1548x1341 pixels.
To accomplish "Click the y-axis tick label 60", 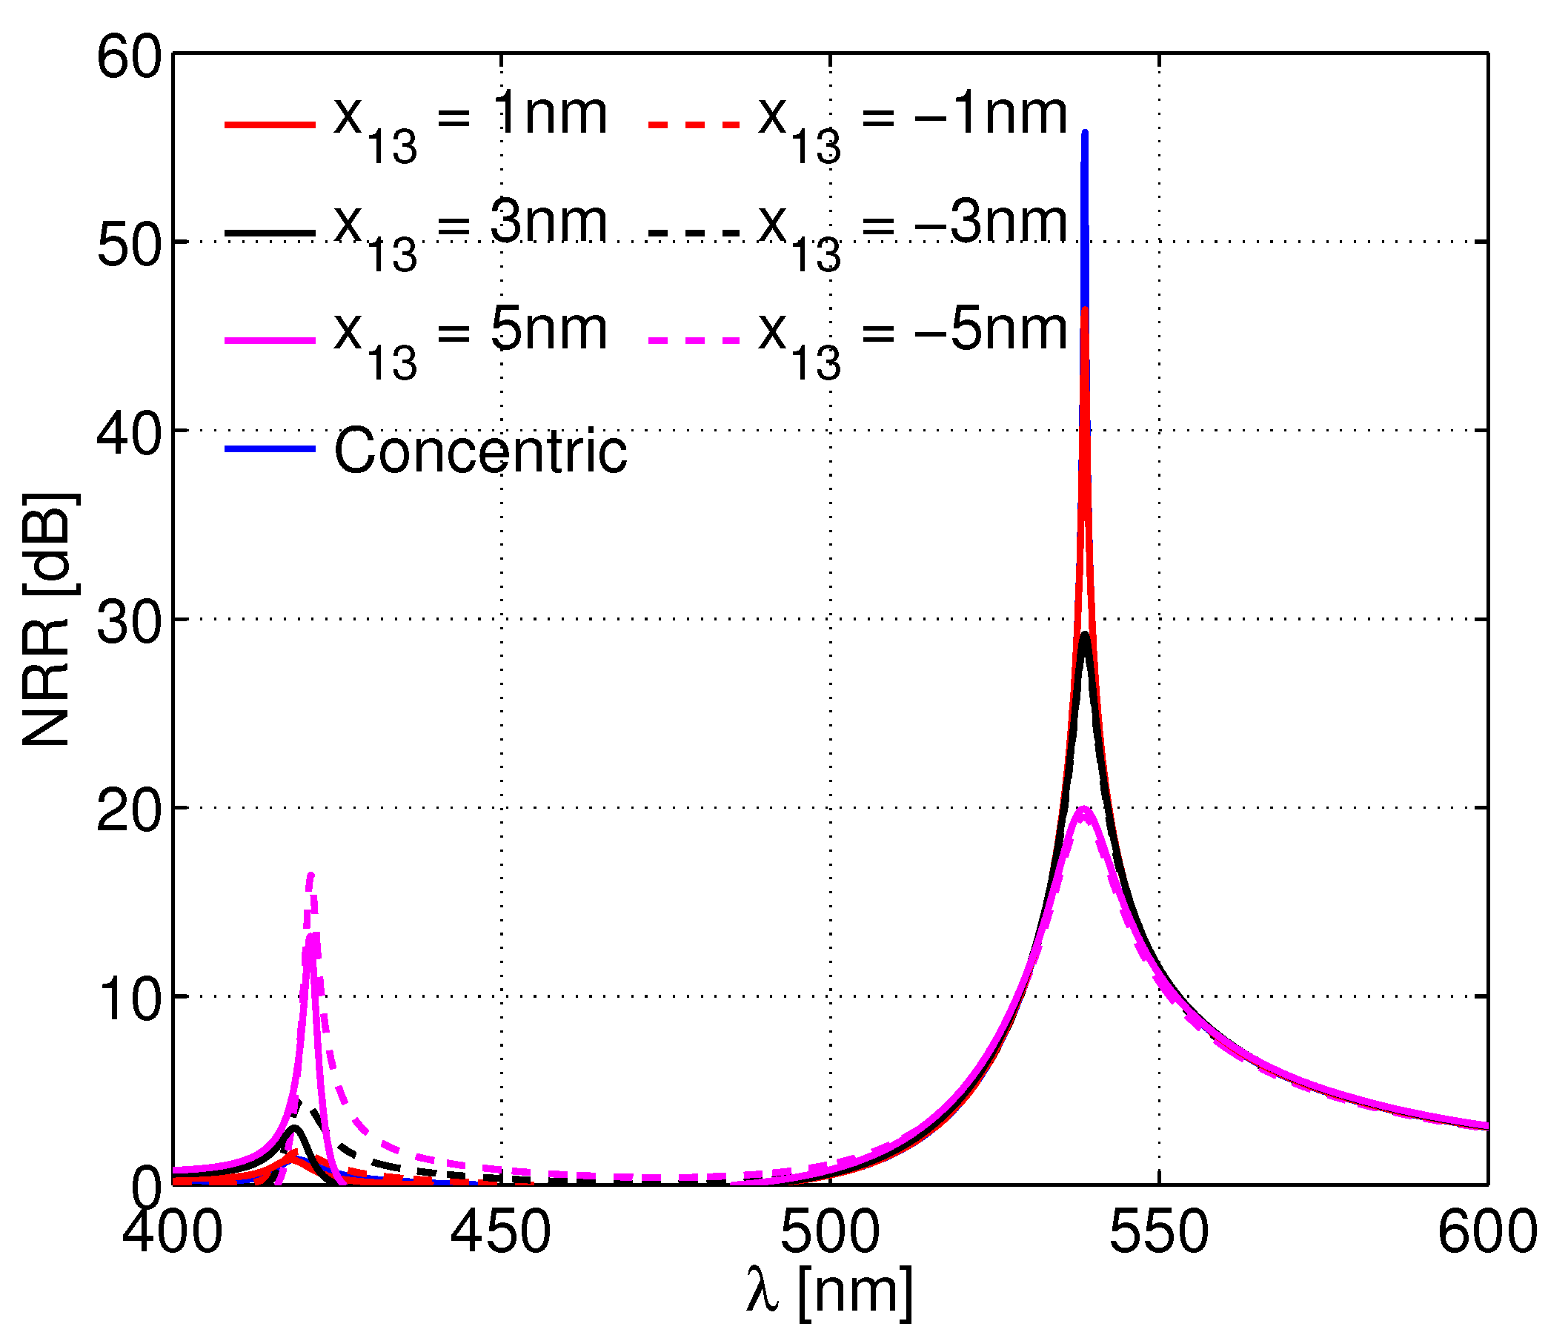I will click(x=129, y=59).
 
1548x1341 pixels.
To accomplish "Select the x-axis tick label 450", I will click(x=499, y=1233).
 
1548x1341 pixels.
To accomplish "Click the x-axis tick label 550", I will click(x=1158, y=1233).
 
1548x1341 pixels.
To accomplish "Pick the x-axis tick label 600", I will click(x=1486, y=1233).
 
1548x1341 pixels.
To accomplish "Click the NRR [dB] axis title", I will click(x=47, y=620).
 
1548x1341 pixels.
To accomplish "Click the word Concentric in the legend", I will click(x=479, y=451).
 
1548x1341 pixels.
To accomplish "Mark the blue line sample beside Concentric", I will click(x=269, y=448).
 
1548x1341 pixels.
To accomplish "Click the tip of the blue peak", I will click(x=1085, y=133).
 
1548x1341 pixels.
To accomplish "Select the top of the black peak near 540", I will click(x=1085, y=635).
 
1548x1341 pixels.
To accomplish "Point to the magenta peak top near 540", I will click(x=1083, y=809).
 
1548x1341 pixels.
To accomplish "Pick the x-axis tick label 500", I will click(x=829, y=1233).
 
